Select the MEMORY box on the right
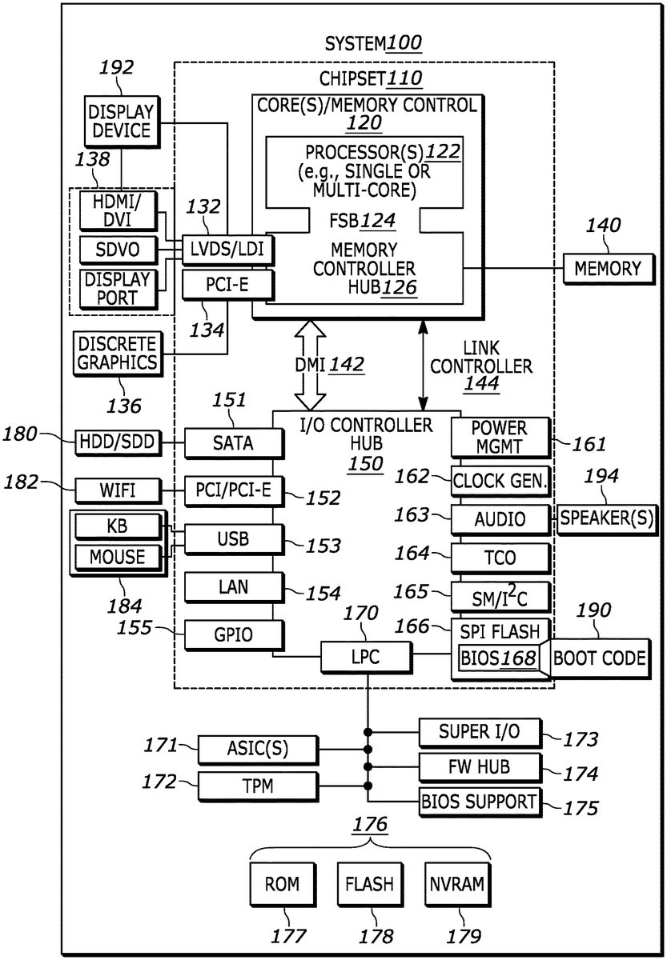pos(609,268)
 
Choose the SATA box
pos(233,442)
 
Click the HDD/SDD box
pos(118,441)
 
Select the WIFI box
pos(117,489)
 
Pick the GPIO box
pos(233,635)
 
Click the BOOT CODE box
pos(599,658)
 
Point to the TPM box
pos(257,786)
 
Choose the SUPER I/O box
pos(480,730)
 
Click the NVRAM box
pos(456,884)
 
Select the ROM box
pos(282,884)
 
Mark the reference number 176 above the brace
pos(370,824)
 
